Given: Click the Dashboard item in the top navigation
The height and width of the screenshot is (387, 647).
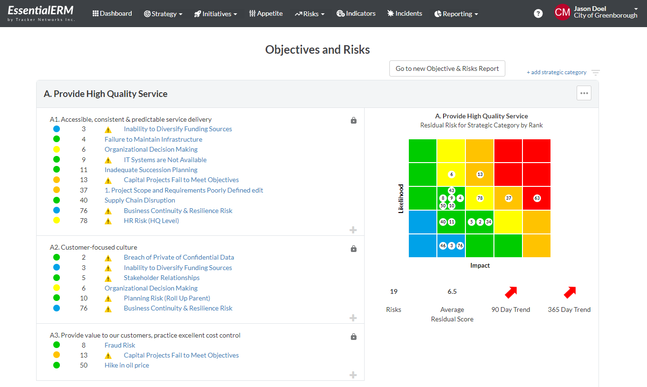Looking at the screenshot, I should point(112,14).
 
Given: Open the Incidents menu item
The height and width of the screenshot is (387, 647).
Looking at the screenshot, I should point(405,14).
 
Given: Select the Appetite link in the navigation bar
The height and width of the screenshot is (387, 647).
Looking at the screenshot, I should point(266,14).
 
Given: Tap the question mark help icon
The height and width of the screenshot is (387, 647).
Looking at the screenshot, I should point(538,14).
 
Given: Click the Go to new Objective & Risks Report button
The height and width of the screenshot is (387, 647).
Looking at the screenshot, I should point(447,68).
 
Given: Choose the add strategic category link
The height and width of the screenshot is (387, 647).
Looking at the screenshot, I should point(556,72).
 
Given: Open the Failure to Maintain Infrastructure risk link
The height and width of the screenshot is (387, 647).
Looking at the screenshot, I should point(153,139).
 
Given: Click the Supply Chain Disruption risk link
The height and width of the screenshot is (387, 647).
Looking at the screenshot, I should point(140,200).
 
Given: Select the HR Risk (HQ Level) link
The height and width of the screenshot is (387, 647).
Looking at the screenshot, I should point(151,221).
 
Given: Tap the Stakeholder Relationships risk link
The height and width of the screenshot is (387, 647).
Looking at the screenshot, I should point(162,278).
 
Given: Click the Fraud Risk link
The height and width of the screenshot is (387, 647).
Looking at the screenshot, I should point(120,345).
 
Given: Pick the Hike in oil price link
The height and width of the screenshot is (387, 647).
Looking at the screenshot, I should point(127,365).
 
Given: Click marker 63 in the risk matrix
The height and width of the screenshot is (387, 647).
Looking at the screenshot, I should point(537,198).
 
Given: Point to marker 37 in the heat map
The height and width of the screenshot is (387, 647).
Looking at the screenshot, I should point(508,198).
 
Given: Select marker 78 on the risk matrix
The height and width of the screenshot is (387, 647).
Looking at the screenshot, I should point(480,198).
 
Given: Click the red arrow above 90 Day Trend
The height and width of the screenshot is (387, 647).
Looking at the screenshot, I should point(511,292).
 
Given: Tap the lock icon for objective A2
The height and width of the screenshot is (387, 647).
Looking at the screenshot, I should point(353,249).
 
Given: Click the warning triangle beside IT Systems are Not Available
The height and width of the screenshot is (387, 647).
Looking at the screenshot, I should point(108,160).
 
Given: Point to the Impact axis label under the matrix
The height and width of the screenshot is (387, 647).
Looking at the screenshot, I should point(480,265).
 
